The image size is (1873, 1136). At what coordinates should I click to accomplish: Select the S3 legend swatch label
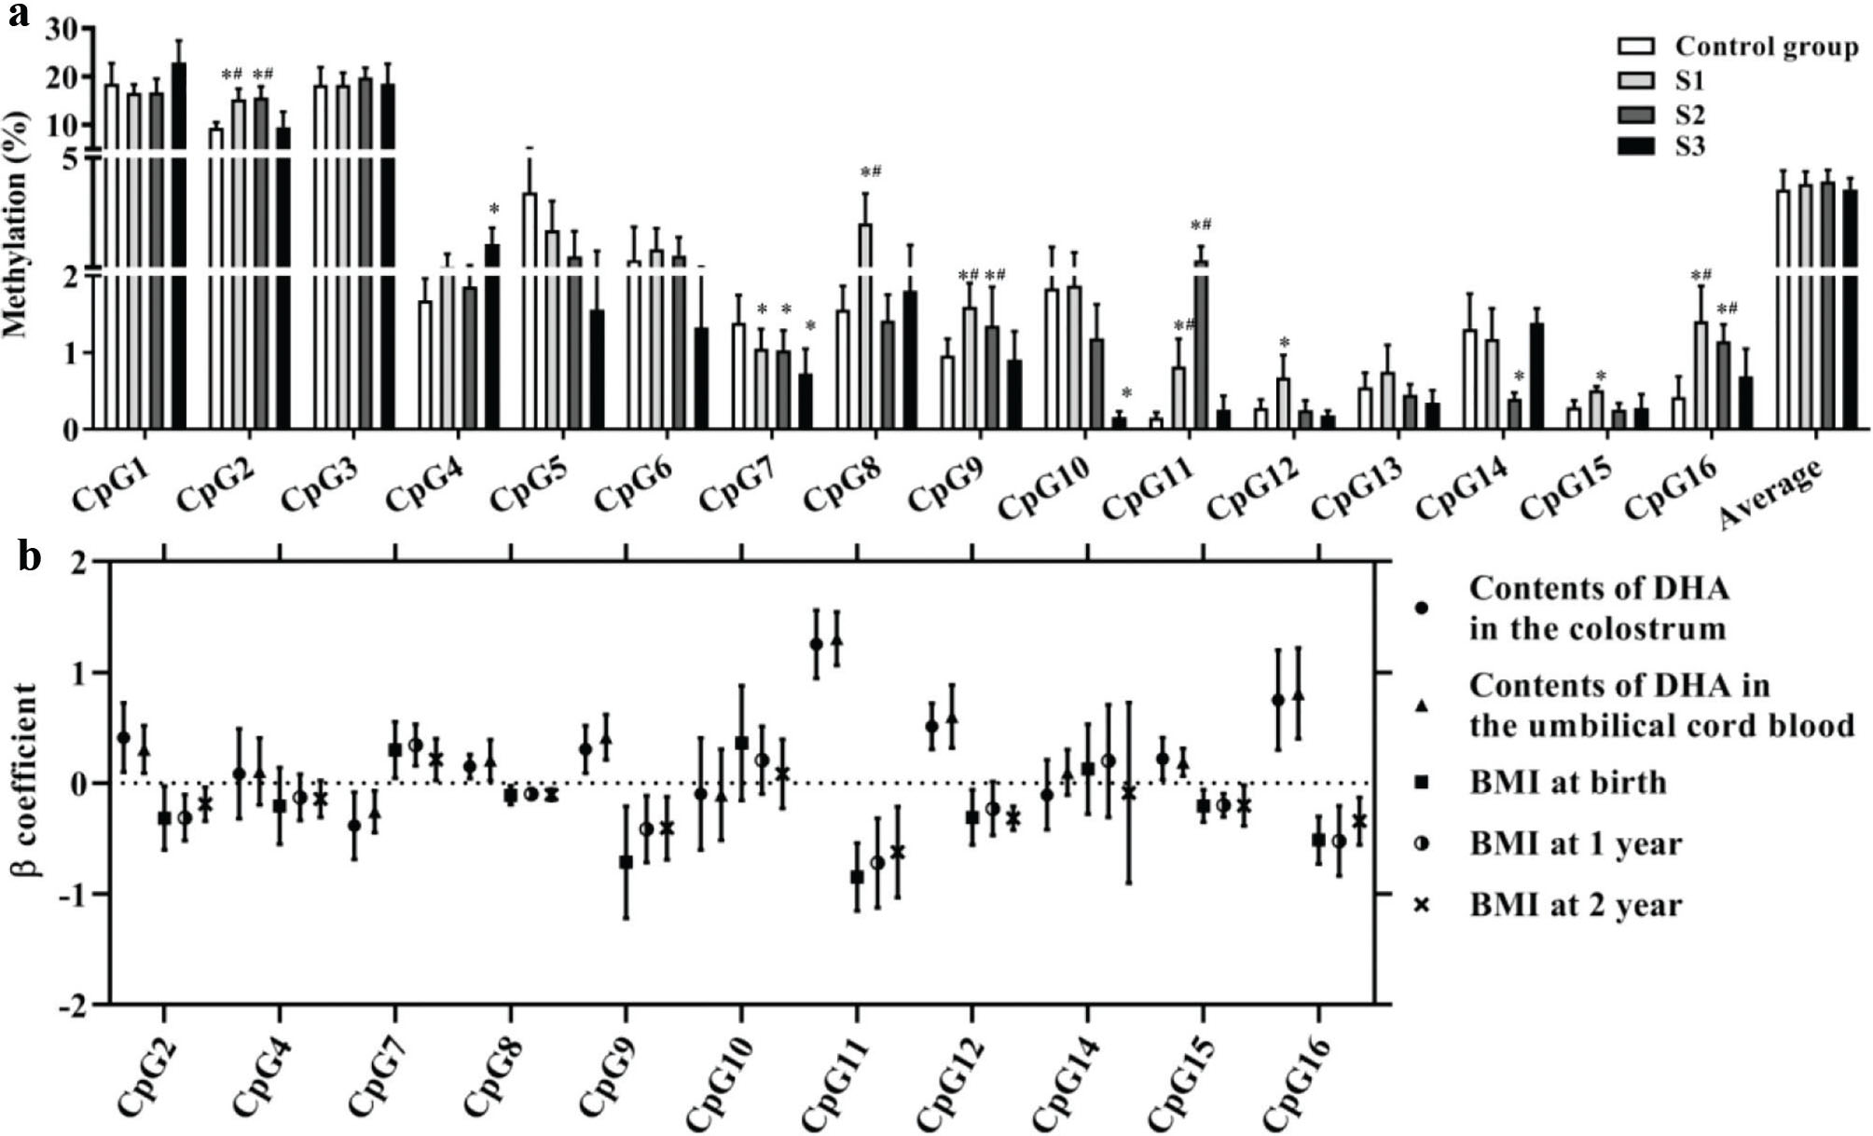point(1689,146)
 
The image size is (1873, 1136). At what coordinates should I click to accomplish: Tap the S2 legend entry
point(1689,114)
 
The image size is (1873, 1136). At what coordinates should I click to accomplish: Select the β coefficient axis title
point(25,782)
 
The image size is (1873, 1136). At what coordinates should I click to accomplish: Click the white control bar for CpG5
point(530,308)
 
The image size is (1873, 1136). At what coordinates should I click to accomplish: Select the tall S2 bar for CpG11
point(1201,345)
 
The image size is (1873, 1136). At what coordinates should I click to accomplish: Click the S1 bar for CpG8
point(865,326)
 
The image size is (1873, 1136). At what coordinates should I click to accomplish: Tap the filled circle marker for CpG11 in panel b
point(816,644)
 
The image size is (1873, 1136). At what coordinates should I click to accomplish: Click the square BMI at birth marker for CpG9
point(627,862)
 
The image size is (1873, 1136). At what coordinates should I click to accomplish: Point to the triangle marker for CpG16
point(1298,696)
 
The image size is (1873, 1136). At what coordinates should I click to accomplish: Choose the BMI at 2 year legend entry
point(1576,904)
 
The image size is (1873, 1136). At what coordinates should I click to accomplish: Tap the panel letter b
point(29,557)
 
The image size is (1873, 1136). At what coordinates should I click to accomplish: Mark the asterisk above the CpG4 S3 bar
point(494,209)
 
